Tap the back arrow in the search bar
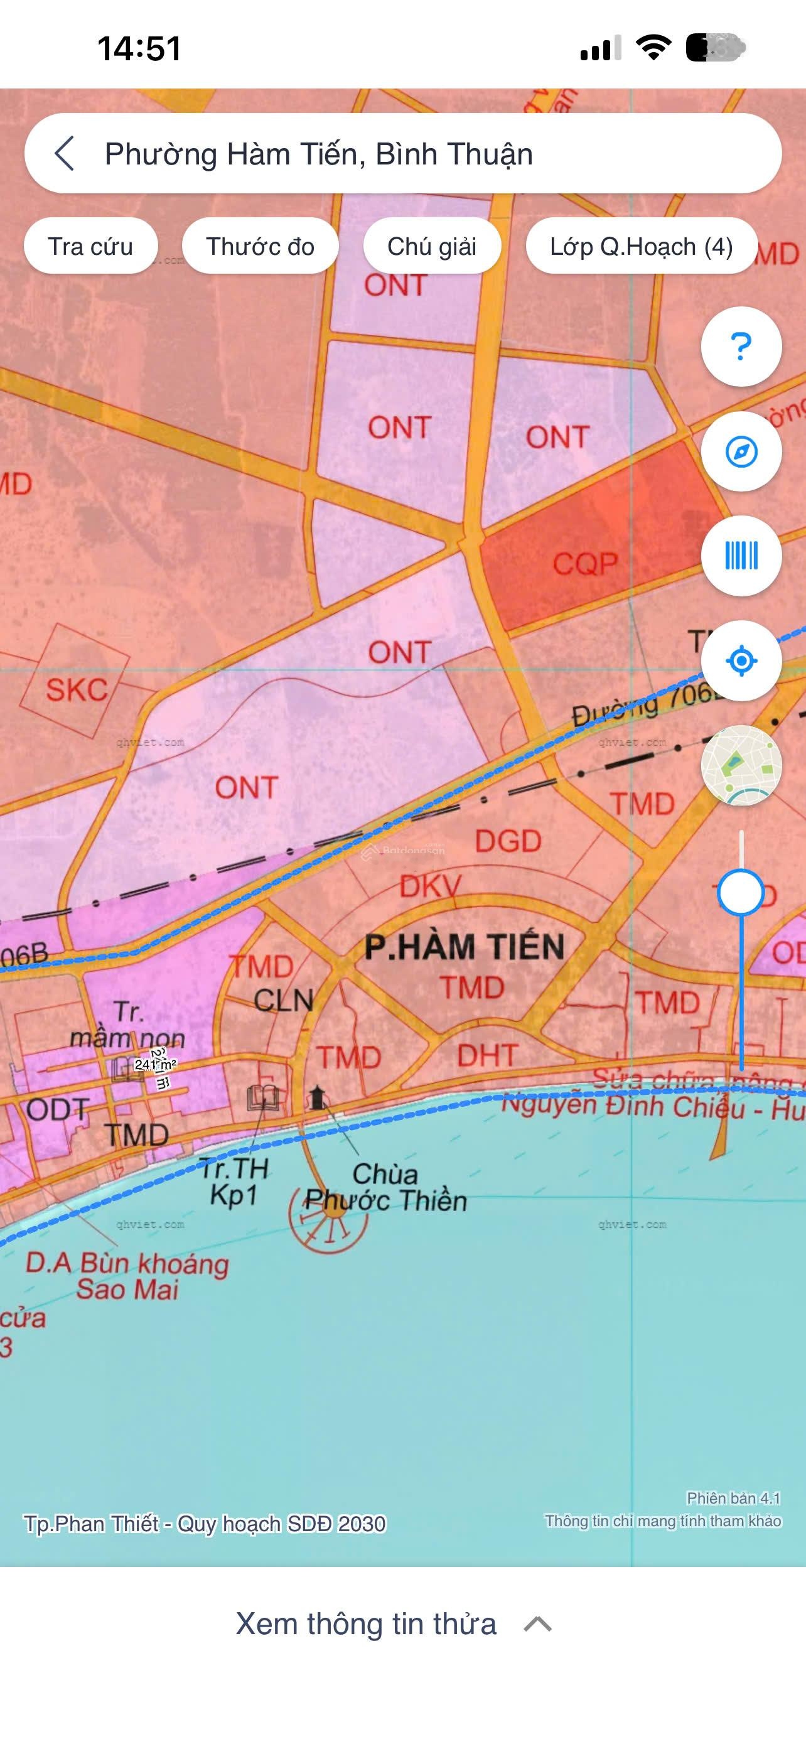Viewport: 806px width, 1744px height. click(63, 153)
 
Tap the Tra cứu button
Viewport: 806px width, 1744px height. click(90, 247)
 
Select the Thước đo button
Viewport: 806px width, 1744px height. click(260, 247)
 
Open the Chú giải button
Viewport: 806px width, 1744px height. click(432, 247)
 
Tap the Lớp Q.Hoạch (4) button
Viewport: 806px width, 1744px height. click(641, 247)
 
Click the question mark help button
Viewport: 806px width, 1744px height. click(741, 347)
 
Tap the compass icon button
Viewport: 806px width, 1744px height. click(741, 451)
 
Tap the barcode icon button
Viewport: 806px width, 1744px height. click(741, 556)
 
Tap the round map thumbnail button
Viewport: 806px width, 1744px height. click(741, 765)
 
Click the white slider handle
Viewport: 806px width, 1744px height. click(741, 892)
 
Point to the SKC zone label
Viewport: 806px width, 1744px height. click(77, 690)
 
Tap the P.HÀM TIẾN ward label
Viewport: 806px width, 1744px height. click(465, 947)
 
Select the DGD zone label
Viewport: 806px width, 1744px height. click(508, 841)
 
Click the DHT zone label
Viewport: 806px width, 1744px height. click(487, 1055)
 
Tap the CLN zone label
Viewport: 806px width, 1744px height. click(284, 1000)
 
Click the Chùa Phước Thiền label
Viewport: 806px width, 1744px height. click(386, 1187)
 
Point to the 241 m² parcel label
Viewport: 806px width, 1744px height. click(155, 1064)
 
